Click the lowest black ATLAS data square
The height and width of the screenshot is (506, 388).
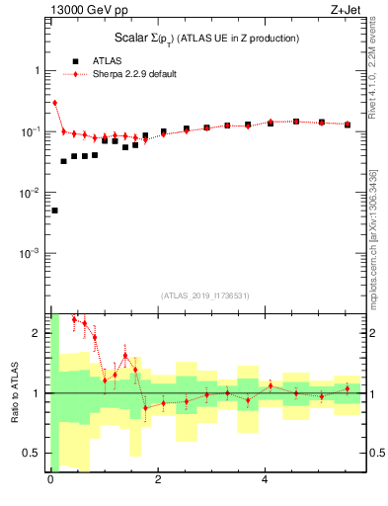pos(54,211)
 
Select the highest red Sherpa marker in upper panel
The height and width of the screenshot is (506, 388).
pos(54,103)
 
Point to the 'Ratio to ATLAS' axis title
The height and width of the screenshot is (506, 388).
pos(13,392)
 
